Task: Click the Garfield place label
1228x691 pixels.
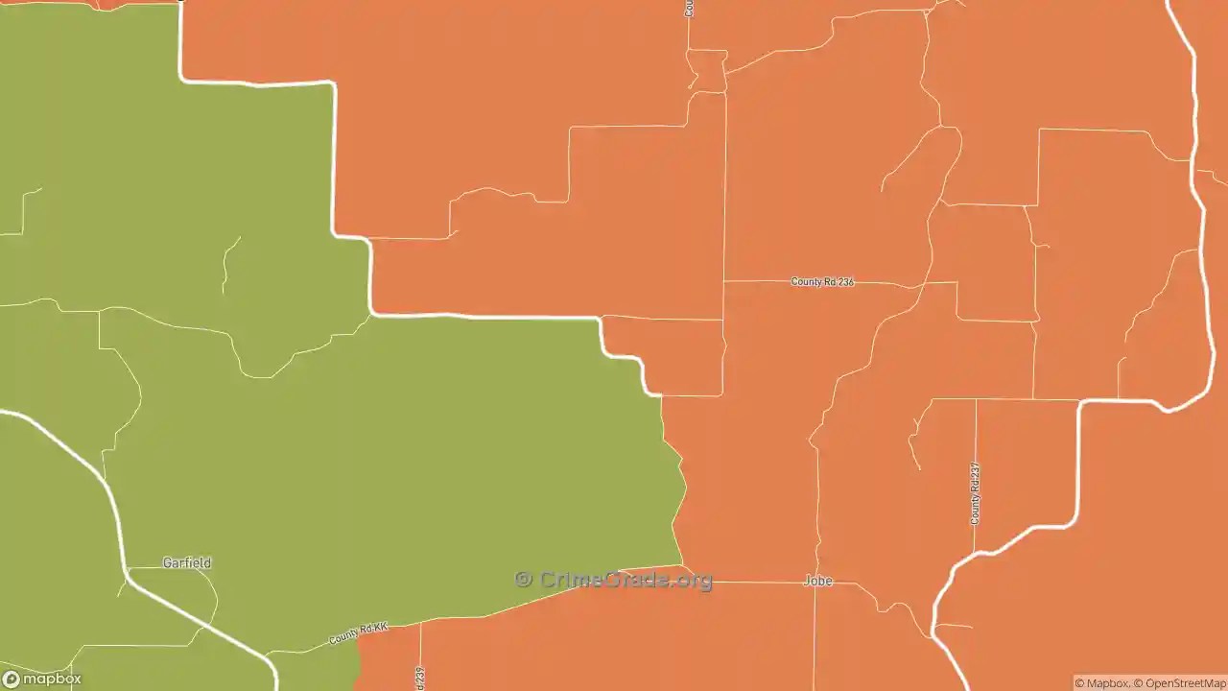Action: coord(186,563)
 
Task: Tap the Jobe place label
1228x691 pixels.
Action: coord(817,581)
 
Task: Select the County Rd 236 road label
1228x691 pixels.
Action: coord(821,282)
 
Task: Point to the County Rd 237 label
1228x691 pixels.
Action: coord(975,493)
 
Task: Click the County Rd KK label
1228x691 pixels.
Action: coord(358,633)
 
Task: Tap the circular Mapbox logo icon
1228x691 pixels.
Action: coord(12,679)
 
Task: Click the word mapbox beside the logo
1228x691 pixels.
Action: coord(52,679)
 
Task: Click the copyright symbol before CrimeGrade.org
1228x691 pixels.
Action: coord(523,579)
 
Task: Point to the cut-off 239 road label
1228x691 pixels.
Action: coord(420,678)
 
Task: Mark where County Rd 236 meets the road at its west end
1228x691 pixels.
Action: coord(724,281)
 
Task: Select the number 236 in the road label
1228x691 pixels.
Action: coord(843,282)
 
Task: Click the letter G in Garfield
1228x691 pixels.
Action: coord(167,563)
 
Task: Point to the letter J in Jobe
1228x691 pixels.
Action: coord(806,581)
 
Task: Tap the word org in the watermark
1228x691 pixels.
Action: coord(696,581)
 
